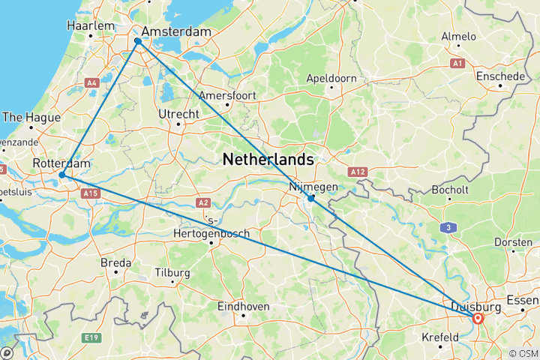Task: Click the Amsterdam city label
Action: pyautogui.click(x=174, y=33)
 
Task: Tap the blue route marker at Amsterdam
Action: pyautogui.click(x=138, y=42)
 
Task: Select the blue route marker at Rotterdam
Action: pyautogui.click(x=62, y=175)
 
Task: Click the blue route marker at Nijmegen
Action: pyautogui.click(x=310, y=199)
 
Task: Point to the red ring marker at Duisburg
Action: pyautogui.click(x=478, y=318)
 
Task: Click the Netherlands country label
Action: pyautogui.click(x=268, y=160)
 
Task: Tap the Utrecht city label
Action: pyautogui.click(x=178, y=113)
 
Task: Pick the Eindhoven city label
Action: pyautogui.click(x=242, y=306)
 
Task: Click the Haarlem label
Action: pyautogui.click(x=91, y=25)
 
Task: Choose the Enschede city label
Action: pyautogui.click(x=500, y=76)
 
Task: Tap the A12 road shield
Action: pyautogui.click(x=357, y=172)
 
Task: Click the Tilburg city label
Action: pyautogui.click(x=172, y=273)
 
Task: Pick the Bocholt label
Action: pyautogui.click(x=450, y=190)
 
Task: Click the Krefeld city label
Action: pyautogui.click(x=439, y=337)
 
